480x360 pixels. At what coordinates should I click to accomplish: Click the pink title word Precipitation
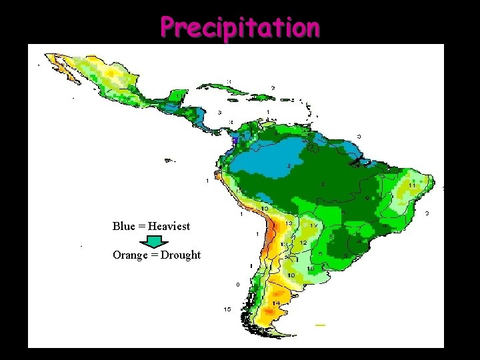(240, 27)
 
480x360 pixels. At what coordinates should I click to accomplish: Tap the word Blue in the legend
(124, 226)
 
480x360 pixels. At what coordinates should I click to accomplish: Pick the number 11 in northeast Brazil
(412, 185)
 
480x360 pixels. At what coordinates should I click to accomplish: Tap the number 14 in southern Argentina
(275, 303)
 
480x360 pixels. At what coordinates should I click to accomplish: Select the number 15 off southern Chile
(227, 309)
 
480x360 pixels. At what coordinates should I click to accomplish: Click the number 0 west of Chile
(237, 285)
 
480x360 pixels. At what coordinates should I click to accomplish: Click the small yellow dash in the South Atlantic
(320, 325)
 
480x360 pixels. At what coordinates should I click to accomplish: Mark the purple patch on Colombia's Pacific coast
(233, 142)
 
